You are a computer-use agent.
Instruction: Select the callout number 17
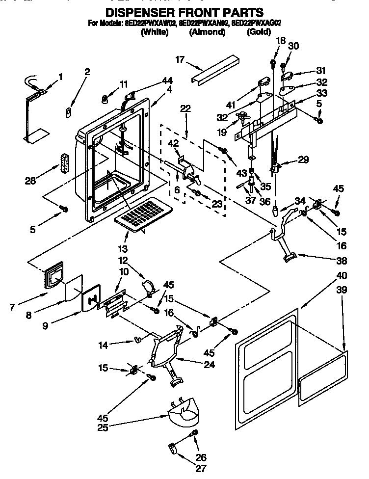[x=180, y=59]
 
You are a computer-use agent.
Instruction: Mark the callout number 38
[x=341, y=261]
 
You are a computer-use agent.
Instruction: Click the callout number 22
[x=185, y=108]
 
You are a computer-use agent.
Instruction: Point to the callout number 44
[x=168, y=80]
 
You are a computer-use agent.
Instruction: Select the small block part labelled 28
[x=63, y=163]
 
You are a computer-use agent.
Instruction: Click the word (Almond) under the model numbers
[x=207, y=32]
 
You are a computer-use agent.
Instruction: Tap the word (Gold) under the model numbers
[x=258, y=32]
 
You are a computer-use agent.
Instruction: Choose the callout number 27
[x=201, y=468]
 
